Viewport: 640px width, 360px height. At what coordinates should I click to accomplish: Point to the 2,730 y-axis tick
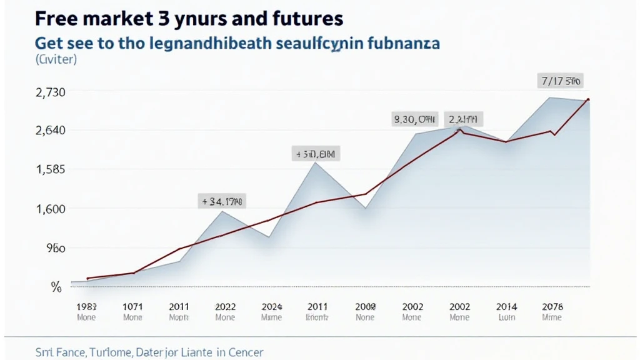[x=49, y=92]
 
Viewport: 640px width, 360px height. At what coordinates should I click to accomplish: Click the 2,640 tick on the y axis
[x=49, y=131]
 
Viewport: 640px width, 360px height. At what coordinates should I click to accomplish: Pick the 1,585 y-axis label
[x=49, y=169]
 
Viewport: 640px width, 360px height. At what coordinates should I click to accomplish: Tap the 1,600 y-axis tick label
[x=49, y=209]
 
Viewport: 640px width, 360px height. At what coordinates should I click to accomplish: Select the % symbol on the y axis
[x=56, y=287]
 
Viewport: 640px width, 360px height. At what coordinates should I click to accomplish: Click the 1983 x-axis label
[x=86, y=306]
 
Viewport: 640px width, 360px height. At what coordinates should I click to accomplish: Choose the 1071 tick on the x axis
[x=132, y=306]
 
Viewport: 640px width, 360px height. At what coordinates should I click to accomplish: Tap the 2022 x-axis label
[x=225, y=306]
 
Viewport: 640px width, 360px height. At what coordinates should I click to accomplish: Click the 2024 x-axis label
[x=271, y=306]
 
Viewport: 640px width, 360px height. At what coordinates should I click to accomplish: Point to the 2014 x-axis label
[x=506, y=306]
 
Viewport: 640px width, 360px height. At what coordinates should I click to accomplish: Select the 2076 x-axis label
[x=552, y=306]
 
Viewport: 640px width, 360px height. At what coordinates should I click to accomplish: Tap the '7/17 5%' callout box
[x=560, y=81]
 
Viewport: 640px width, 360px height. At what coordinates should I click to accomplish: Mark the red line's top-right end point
[x=589, y=100]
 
